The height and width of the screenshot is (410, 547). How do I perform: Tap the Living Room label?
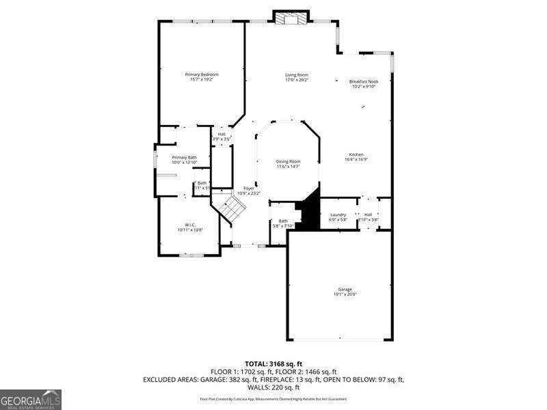pos(297,74)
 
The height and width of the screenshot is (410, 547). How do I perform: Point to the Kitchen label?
pos(356,154)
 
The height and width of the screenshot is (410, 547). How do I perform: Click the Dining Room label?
pos(288,161)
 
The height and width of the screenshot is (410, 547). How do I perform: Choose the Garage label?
pos(345,289)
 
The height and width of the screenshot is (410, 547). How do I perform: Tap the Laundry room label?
pos(338,215)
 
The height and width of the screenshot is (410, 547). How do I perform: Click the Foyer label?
pos(249,188)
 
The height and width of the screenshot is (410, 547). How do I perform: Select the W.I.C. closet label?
pos(190,225)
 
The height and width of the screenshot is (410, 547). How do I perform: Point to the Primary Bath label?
pos(184,157)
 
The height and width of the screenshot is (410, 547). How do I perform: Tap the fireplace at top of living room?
pos(292,17)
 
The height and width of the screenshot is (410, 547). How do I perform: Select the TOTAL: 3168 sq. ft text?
pos(273,363)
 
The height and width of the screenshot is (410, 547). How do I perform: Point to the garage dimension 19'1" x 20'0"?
pos(345,294)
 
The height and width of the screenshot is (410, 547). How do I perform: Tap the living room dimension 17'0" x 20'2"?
pos(297,79)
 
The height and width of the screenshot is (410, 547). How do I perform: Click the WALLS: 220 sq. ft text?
pos(273,387)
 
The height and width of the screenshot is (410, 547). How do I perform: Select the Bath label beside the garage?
pos(283,221)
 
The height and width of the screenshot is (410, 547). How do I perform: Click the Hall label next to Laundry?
pos(368,215)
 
